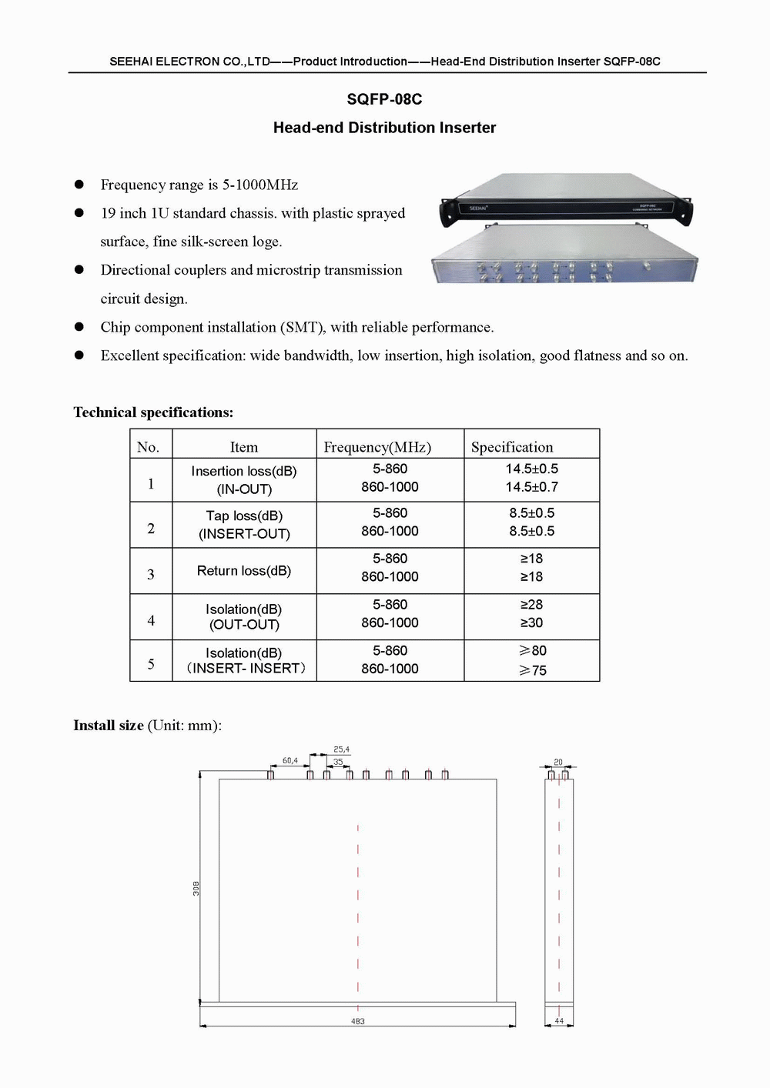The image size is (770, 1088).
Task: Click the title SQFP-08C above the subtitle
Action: tap(384, 99)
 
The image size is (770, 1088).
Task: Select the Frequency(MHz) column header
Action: tap(377, 447)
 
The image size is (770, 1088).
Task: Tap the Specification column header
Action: tap(512, 447)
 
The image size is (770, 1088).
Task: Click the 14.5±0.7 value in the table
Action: tap(531, 487)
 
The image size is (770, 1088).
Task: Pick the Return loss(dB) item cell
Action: tap(244, 571)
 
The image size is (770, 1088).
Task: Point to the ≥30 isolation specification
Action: tap(531, 622)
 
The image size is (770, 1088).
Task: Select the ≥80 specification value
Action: tap(532, 651)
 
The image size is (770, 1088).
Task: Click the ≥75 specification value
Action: tap(532, 670)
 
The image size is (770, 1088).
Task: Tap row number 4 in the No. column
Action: tap(151, 620)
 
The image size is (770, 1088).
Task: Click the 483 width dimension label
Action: tap(357, 1022)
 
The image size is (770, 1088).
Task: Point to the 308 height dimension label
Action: tap(196, 888)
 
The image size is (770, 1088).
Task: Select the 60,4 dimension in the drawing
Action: tap(290, 761)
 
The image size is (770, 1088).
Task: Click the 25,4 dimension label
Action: tap(341, 749)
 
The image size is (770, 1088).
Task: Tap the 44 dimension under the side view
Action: tap(559, 1021)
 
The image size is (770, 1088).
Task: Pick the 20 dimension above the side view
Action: tap(558, 763)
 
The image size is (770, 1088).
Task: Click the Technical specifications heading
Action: tap(153, 412)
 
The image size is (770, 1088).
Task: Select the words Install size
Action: tap(109, 725)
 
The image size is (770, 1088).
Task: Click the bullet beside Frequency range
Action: tap(79, 185)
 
